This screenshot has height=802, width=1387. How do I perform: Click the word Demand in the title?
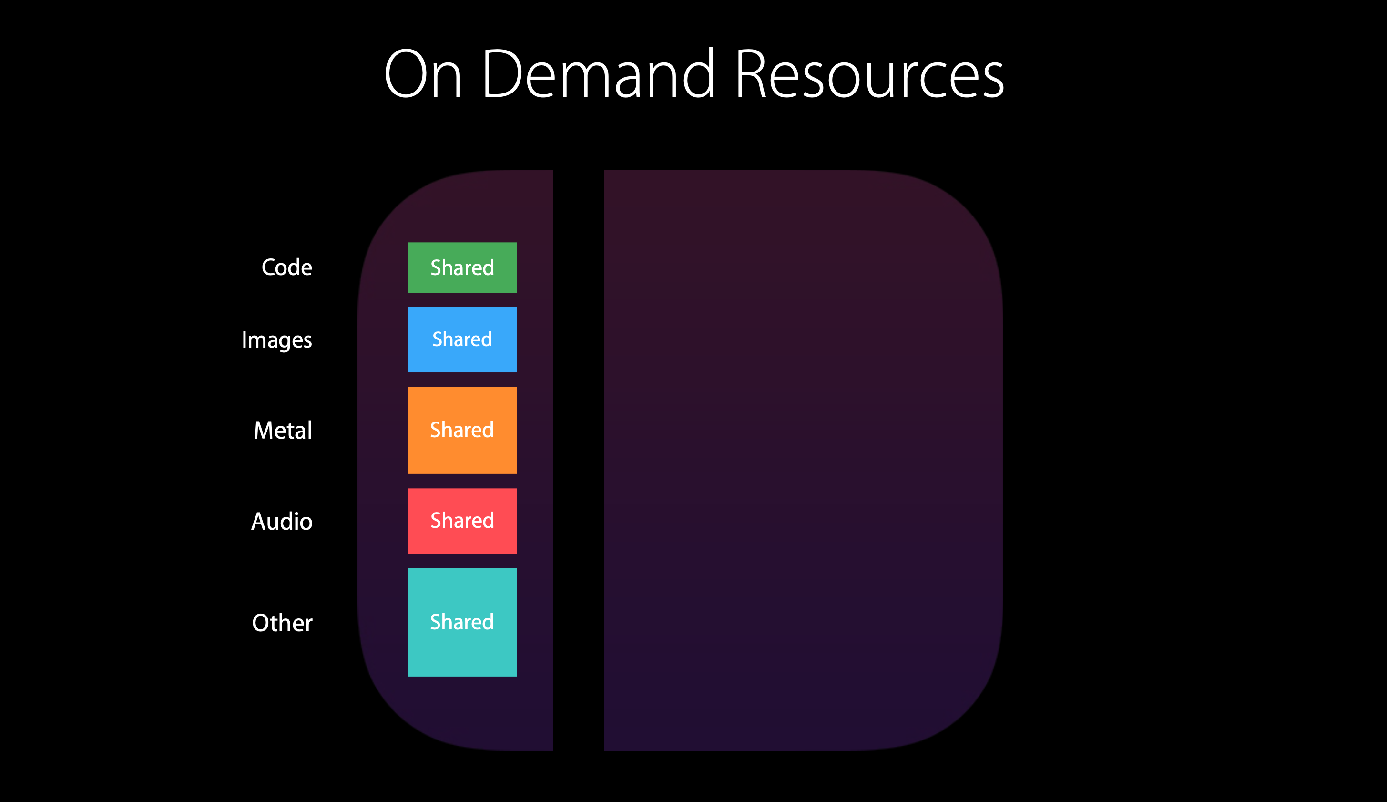598,74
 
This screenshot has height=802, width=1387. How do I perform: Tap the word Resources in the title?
870,74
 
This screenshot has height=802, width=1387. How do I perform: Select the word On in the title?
423,74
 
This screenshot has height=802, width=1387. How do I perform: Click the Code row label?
287,267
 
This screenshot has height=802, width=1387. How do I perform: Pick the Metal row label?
283,430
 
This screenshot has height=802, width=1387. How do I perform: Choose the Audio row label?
282,521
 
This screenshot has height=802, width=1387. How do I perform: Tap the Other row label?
282,623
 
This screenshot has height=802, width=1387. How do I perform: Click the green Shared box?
462,267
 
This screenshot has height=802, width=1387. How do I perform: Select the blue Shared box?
462,339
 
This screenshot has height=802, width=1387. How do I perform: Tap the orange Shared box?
462,430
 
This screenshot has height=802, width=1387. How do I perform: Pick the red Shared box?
462,521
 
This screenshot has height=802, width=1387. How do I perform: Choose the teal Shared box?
462,622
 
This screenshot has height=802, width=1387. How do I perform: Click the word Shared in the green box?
462,267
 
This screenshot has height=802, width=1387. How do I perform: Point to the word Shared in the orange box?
462,429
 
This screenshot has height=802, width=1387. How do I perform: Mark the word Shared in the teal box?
462,621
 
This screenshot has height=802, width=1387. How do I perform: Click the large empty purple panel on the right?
803,460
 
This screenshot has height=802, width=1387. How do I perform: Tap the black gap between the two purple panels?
579,460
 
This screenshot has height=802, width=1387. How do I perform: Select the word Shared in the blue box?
462,339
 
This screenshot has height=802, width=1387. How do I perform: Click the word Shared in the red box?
462,520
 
